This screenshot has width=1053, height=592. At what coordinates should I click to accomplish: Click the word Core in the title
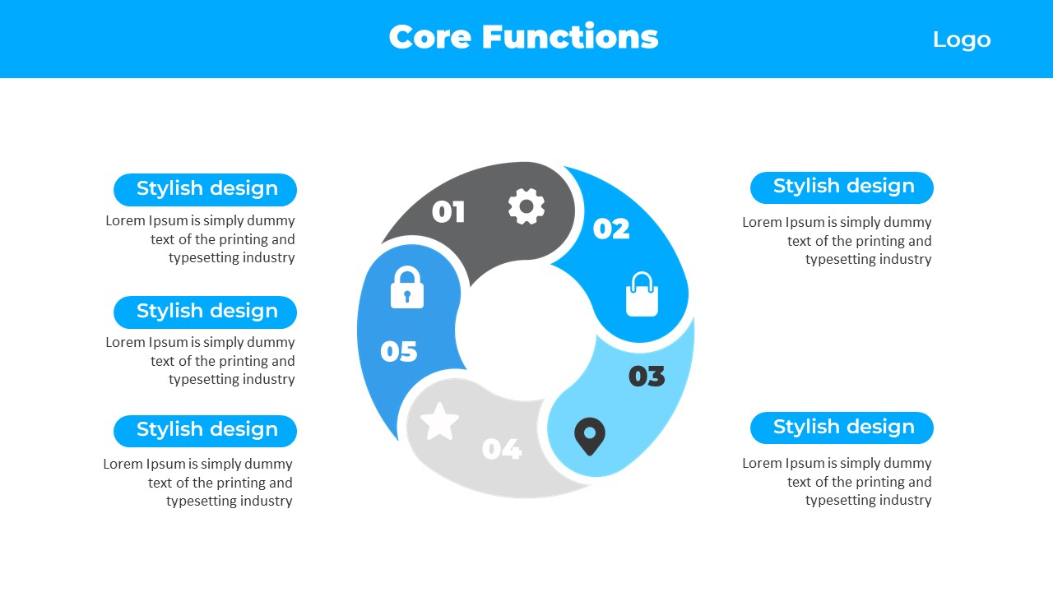[x=429, y=37]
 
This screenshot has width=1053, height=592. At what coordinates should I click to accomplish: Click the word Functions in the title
[x=570, y=36]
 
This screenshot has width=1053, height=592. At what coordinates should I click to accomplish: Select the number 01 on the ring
[x=448, y=211]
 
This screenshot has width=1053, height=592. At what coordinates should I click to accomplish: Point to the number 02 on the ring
[x=611, y=229]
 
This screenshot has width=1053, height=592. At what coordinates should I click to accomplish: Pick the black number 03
[x=647, y=377]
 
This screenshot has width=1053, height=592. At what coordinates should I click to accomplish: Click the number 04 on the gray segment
[x=502, y=449]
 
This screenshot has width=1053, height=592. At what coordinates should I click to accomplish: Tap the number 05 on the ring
[x=399, y=351]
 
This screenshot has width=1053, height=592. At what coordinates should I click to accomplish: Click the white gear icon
[x=526, y=206]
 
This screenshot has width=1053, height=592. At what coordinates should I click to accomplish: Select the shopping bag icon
[x=642, y=294]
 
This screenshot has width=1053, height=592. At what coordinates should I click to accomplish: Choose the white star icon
[x=439, y=422]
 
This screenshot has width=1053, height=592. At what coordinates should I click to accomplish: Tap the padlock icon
[x=407, y=287]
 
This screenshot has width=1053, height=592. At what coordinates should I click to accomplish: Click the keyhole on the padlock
[x=407, y=297]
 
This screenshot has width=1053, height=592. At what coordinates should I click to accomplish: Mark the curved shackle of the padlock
[x=407, y=275]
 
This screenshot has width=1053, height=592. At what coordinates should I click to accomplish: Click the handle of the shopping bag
[x=642, y=281]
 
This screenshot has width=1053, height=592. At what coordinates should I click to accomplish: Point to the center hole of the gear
[x=526, y=206]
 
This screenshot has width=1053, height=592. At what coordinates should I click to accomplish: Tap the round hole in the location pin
[x=590, y=432]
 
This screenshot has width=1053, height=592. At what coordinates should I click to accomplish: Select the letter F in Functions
[x=492, y=37]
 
